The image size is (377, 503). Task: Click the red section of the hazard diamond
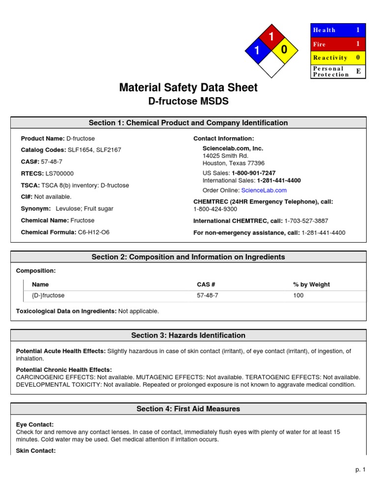[270, 36]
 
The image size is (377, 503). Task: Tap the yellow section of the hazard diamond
[284, 50]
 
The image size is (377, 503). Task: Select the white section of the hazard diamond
[270, 64]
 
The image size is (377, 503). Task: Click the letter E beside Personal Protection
[358, 72]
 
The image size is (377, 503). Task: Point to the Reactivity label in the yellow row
[330, 57]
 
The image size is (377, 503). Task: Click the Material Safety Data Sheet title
[188, 88]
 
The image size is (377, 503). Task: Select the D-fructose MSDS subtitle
[188, 101]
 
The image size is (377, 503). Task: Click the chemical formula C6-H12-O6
[94, 232]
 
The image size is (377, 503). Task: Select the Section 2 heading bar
[188, 257]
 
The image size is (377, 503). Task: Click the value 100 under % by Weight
[298, 296]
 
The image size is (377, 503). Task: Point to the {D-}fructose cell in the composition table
[48, 296]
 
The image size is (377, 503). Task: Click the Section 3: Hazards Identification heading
[188, 335]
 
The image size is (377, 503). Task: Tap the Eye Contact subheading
[35, 424]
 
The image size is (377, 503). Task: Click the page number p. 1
[361, 470]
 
